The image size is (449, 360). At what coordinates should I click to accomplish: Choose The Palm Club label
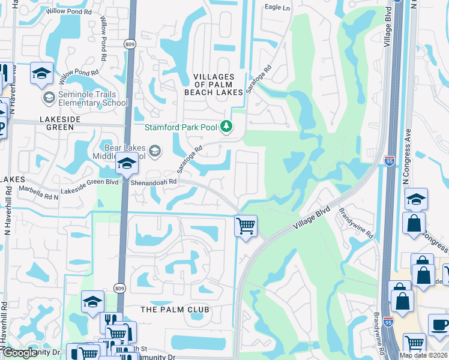tap(175, 310)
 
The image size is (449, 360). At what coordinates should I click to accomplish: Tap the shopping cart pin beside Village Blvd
tap(246, 226)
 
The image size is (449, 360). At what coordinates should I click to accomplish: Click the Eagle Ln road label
tap(277, 8)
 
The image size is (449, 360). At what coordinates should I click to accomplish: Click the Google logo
tap(19, 353)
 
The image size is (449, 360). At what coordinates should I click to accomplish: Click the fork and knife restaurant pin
tap(111, 321)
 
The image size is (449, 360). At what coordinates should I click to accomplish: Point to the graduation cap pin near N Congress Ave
tap(415, 199)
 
